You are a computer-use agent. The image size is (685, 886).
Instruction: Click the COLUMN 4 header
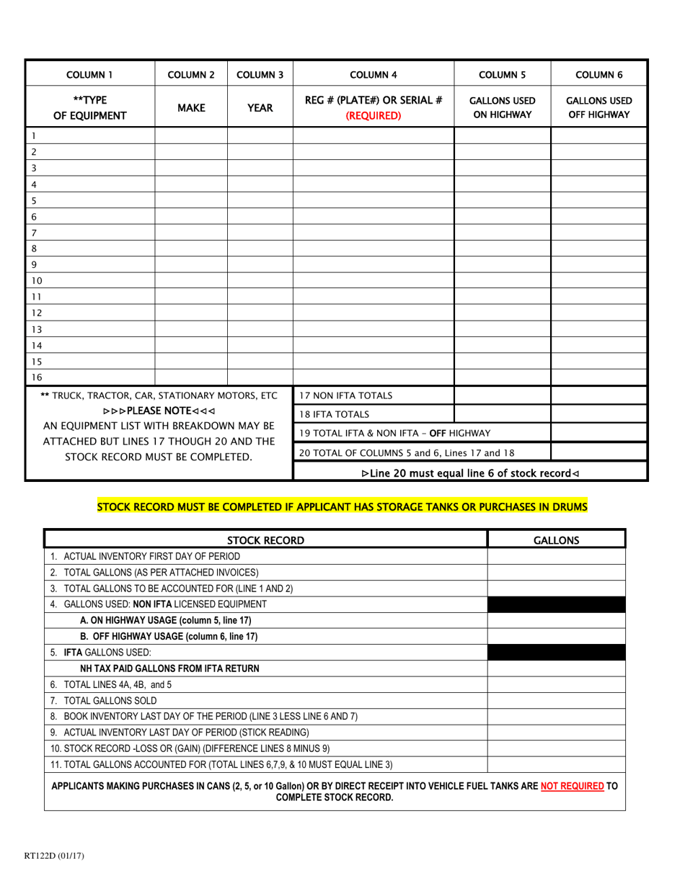(374, 73)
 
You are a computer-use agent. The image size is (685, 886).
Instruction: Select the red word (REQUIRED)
(374, 115)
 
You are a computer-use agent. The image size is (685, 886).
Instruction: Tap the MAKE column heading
(192, 108)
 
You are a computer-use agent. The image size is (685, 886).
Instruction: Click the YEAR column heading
(260, 108)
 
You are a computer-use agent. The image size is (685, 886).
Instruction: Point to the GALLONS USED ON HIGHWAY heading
(502, 108)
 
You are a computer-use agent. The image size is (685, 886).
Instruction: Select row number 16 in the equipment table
(37, 377)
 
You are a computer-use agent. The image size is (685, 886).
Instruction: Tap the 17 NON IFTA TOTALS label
(346, 395)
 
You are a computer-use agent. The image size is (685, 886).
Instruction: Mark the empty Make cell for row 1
(192, 135)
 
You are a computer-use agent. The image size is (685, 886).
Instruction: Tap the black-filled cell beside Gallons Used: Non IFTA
(556, 603)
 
